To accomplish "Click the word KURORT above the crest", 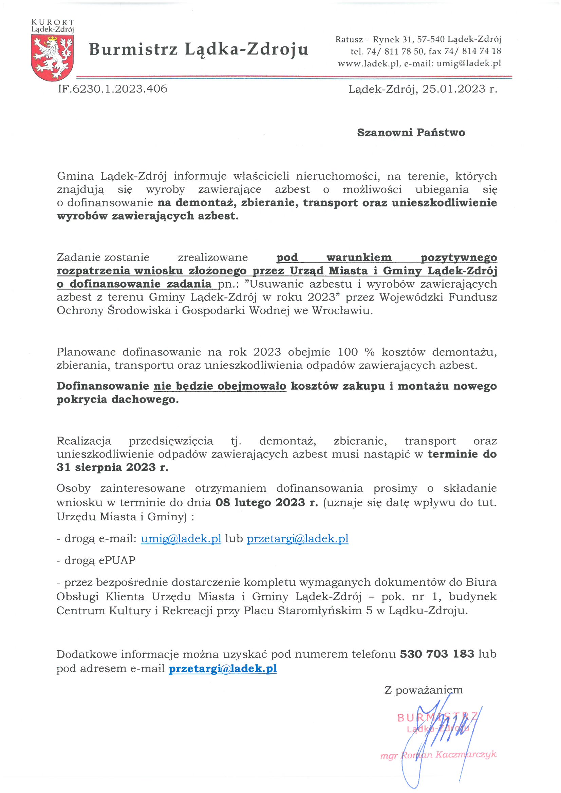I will (52, 23).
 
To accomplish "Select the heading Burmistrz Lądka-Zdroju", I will (199, 49).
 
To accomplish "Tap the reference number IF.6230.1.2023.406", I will (113, 89).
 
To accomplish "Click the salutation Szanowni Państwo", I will (411, 133).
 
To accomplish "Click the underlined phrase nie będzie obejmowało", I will (220, 386).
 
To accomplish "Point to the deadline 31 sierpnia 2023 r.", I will (112, 467).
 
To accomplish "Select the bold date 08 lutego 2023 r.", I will (266, 502).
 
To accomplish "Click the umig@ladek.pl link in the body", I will (181, 539).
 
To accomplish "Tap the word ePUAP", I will (117, 560).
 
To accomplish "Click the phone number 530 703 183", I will (437, 654).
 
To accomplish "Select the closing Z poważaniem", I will (424, 690).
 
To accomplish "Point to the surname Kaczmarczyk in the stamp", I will (465, 754).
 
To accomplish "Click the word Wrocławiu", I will (342, 310).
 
